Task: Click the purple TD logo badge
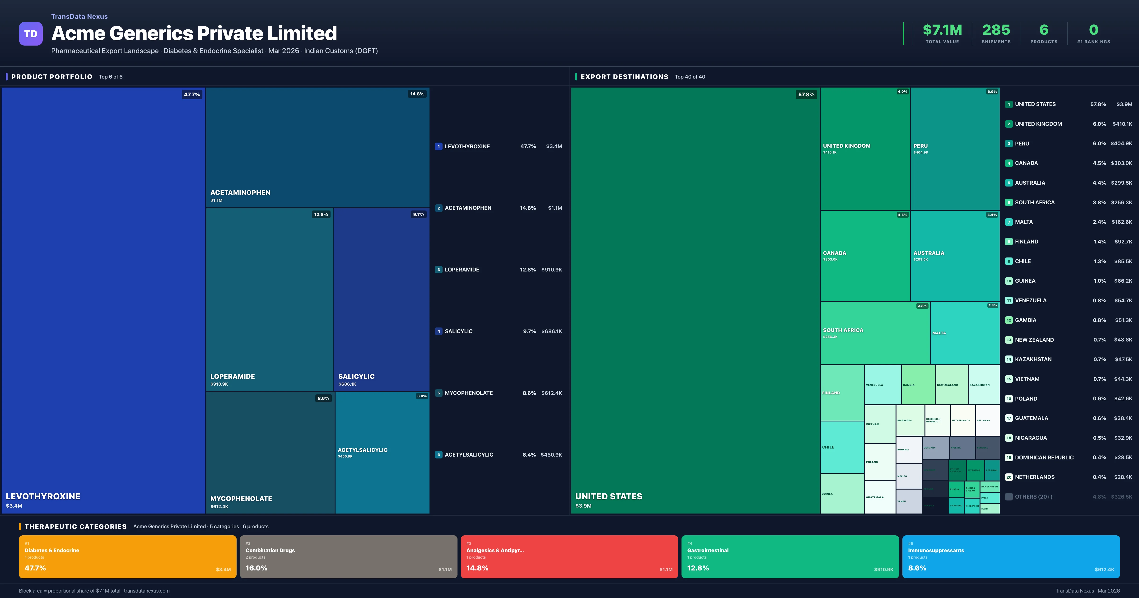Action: click(31, 34)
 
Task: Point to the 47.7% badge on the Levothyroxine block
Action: click(192, 95)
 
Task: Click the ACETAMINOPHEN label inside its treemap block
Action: click(240, 192)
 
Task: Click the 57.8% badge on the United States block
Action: click(806, 95)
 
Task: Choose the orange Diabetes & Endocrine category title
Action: click(52, 550)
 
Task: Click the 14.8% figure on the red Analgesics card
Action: click(477, 568)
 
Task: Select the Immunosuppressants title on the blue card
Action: click(936, 550)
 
